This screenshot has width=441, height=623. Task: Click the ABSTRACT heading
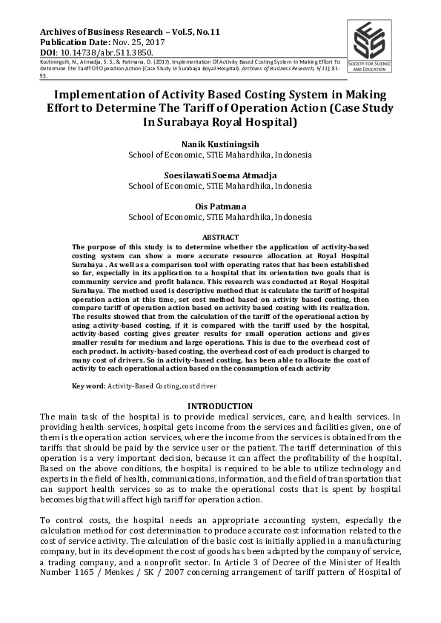220,237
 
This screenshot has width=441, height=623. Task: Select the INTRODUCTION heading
220,406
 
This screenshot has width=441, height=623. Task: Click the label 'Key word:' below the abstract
89,386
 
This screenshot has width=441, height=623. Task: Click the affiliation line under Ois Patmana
220,218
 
